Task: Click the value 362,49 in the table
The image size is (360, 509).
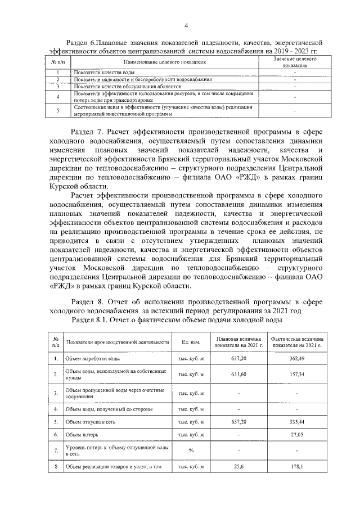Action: [x=297, y=358]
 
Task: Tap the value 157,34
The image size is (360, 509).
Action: [x=297, y=374]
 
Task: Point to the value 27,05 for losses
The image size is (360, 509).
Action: [x=297, y=435]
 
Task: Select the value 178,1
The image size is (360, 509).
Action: [x=297, y=466]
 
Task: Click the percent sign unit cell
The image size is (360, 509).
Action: [x=191, y=451]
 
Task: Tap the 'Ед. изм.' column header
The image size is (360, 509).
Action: [x=191, y=342]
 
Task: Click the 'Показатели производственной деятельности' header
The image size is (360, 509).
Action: [x=118, y=342]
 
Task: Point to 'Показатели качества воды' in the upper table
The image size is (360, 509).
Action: [x=103, y=73]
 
